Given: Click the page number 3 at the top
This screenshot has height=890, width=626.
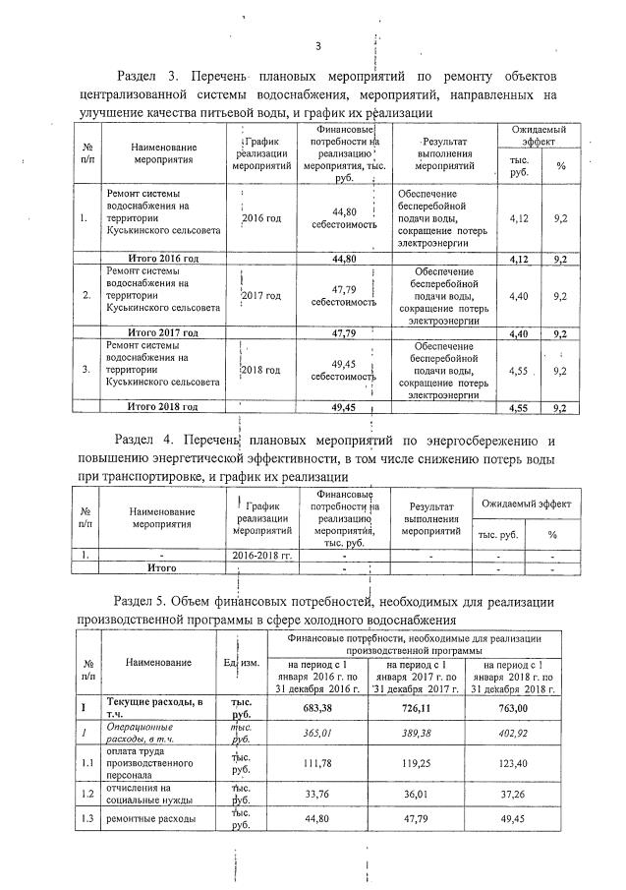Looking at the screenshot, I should (318, 45).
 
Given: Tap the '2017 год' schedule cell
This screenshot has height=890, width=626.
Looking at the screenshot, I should (261, 295).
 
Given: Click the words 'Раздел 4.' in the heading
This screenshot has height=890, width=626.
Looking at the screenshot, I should (148, 440).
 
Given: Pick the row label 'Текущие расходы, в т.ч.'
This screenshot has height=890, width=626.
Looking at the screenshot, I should (153, 706).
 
